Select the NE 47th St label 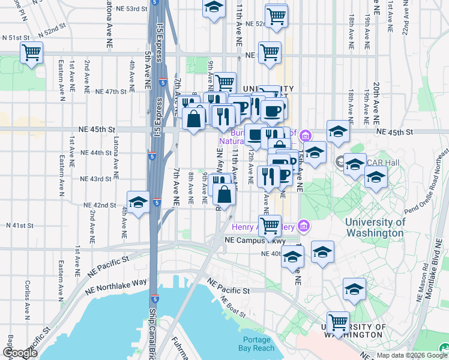tap(111, 92)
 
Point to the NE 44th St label tap(96, 153)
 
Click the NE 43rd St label tap(96, 179)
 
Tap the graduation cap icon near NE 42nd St tap(138, 202)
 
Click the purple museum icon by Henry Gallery tap(304, 226)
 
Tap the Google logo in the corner tap(20, 353)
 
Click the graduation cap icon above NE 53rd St tap(213, 8)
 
